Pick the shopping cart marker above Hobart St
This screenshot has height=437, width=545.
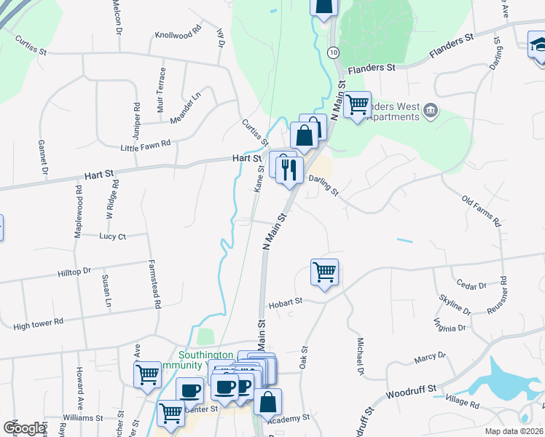pos(324,272)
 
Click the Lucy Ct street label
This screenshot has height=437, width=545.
pos(112,237)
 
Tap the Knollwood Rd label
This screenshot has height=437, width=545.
pos(177,34)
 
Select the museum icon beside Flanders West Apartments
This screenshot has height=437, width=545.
pos(430,110)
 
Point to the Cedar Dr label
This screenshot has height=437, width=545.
pos(470,283)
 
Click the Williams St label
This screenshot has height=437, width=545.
pos(83,418)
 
